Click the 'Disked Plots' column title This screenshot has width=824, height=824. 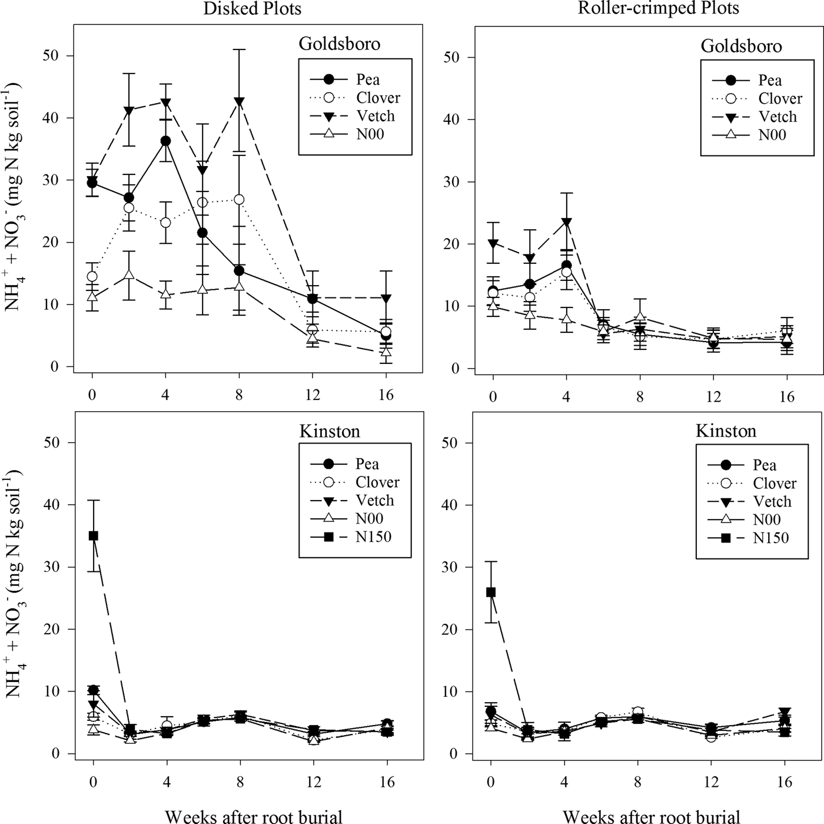tap(252, 9)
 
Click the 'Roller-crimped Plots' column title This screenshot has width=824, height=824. tap(658, 8)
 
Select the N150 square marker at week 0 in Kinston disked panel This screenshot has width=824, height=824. tap(93, 535)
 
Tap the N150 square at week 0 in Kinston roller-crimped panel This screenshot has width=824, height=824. tap(491, 592)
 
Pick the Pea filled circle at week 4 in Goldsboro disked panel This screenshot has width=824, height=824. tap(165, 141)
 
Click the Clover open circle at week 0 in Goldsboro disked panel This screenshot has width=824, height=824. tap(92, 276)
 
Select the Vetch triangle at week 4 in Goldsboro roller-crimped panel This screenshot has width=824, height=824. tap(566, 223)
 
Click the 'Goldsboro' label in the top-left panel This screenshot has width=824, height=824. tap(340, 44)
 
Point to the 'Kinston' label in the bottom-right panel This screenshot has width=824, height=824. tap(726, 431)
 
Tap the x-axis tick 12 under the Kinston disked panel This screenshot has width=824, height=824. tap(313, 782)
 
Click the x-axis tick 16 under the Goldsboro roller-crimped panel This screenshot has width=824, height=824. tap(787, 396)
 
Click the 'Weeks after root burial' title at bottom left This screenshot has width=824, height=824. tap(254, 816)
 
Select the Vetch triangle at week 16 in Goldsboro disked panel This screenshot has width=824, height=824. tap(386, 299)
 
